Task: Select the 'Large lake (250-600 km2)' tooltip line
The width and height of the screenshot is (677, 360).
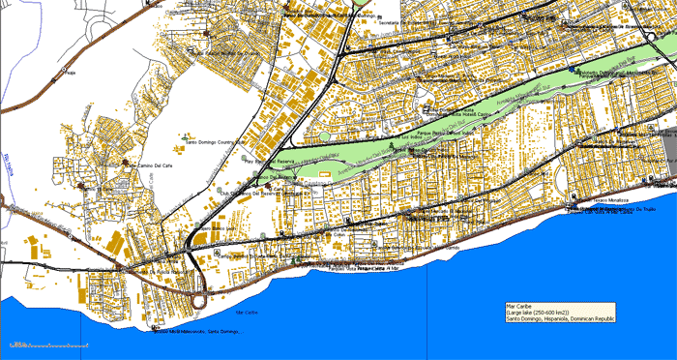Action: pyautogui.click(x=542, y=314)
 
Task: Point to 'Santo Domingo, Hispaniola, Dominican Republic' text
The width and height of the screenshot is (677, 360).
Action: pyautogui.click(x=560, y=320)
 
